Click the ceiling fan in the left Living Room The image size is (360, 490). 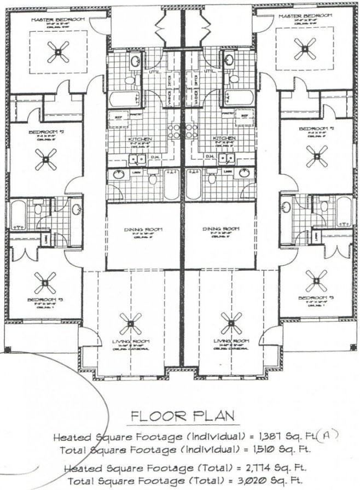point(130,323)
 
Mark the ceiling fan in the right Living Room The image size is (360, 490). point(231,323)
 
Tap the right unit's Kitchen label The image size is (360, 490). point(224,139)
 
